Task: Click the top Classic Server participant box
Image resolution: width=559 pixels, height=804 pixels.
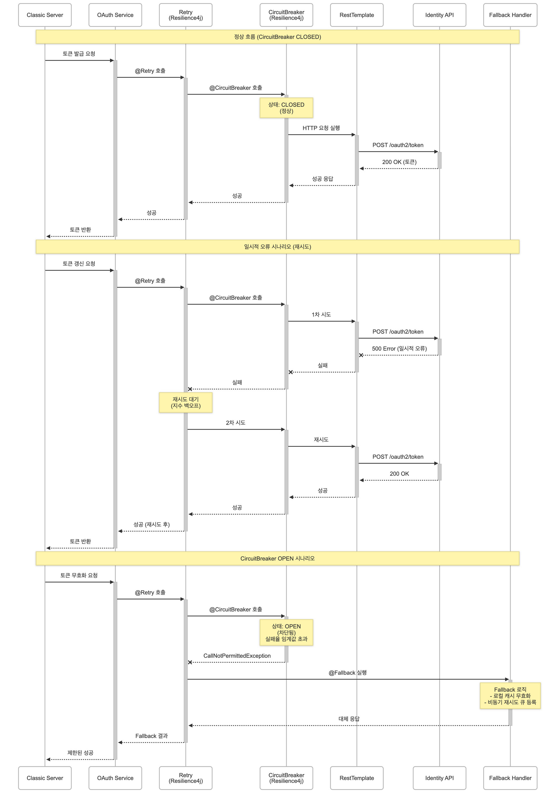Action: click(x=45, y=15)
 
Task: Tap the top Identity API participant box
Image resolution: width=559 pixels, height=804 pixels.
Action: click(x=439, y=15)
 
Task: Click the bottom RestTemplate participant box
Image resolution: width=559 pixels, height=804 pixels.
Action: click(x=356, y=778)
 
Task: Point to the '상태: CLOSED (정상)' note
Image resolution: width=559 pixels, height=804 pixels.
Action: click(x=286, y=108)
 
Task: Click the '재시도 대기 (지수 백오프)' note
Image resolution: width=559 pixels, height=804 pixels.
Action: click(x=185, y=402)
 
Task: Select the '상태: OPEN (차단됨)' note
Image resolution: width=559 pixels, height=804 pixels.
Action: click(x=286, y=632)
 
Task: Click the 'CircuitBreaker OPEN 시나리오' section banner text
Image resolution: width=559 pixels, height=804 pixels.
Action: click(x=277, y=558)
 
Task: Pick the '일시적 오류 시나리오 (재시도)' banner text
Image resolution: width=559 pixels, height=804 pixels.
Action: click(x=277, y=247)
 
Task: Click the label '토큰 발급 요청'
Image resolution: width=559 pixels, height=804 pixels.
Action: click(x=79, y=54)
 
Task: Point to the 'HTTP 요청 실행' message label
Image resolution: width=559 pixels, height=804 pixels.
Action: click(x=321, y=128)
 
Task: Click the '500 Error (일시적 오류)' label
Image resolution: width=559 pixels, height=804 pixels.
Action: click(x=399, y=349)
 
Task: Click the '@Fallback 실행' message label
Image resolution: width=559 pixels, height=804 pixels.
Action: click(x=347, y=673)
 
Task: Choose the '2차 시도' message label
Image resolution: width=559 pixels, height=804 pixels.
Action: click(x=235, y=423)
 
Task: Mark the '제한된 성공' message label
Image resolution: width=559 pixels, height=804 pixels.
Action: click(x=80, y=753)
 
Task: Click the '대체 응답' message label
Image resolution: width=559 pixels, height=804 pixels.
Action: click(x=349, y=719)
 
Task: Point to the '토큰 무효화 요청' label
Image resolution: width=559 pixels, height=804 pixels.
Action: click(x=79, y=575)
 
